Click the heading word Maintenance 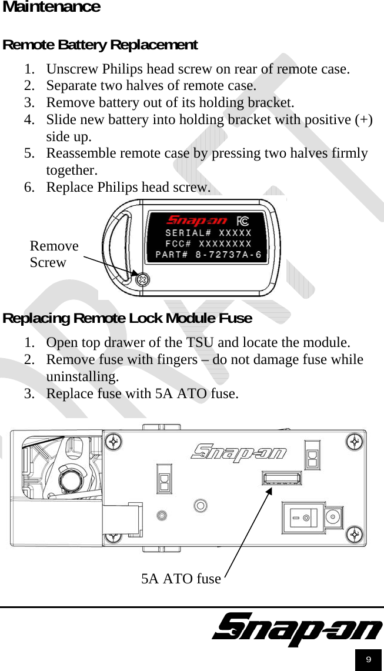pyautogui.click(x=52, y=7)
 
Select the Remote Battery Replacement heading pyautogui.click(x=100, y=45)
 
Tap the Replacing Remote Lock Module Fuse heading pyautogui.click(x=128, y=318)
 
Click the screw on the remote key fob pyautogui.click(x=142, y=280)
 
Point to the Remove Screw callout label pyautogui.click(x=54, y=254)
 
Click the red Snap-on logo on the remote pyautogui.click(x=197, y=221)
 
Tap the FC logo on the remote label pyautogui.click(x=242, y=221)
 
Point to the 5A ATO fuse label pyautogui.click(x=181, y=579)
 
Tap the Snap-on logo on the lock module pyautogui.click(x=239, y=452)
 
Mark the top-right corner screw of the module pyautogui.click(x=354, y=441)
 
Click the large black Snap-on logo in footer pyautogui.click(x=297, y=630)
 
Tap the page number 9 pyautogui.click(x=368, y=660)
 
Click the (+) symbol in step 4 pyautogui.click(x=364, y=119)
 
